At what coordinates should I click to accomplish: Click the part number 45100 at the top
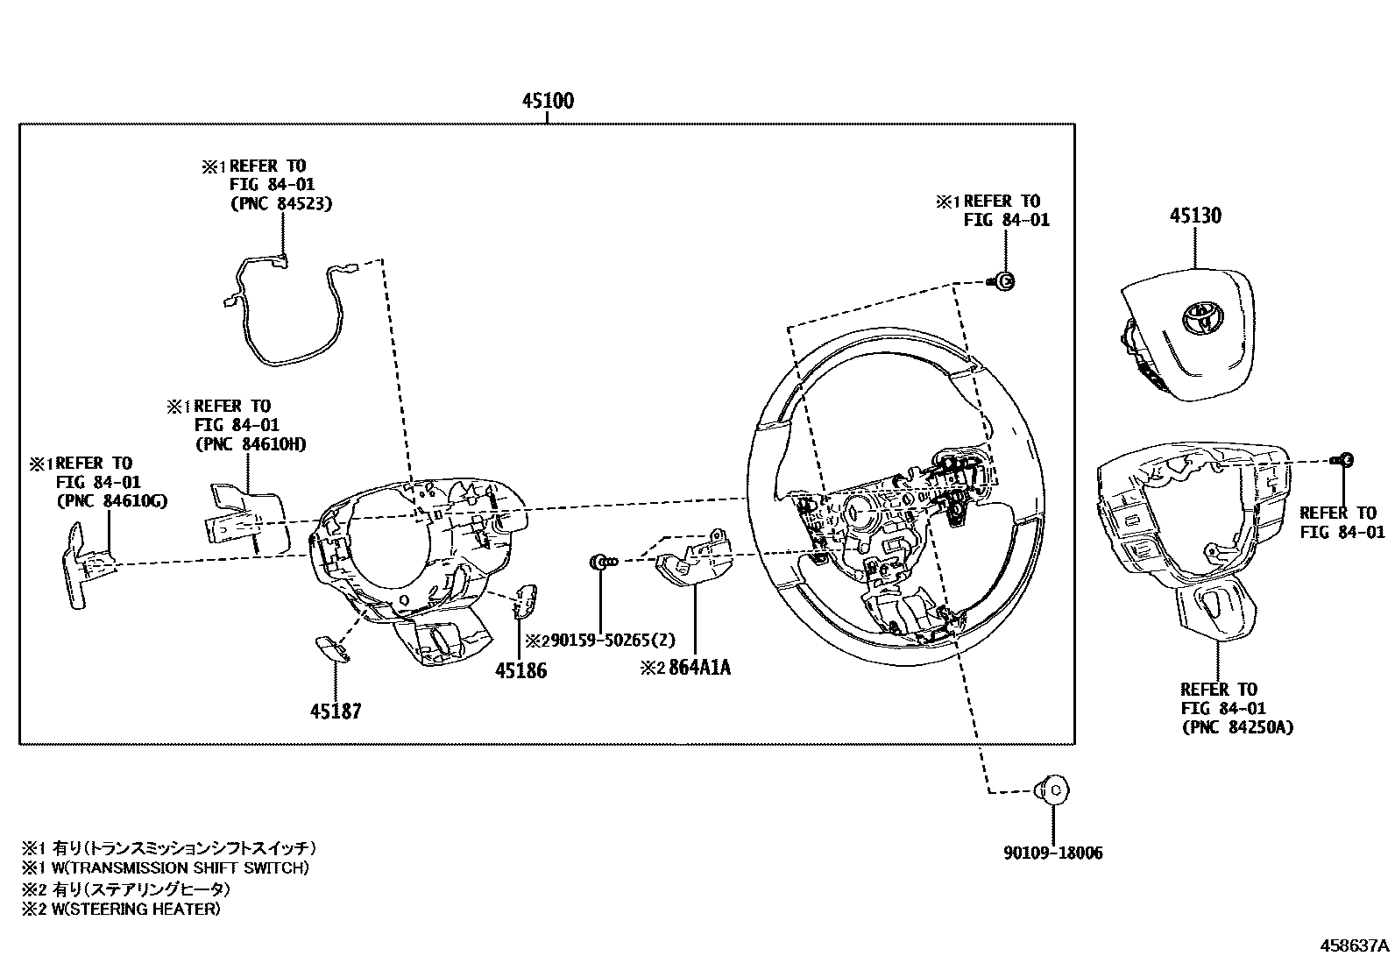click(x=548, y=101)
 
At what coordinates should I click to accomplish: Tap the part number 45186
click(x=520, y=670)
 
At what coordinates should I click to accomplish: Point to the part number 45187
click(x=335, y=712)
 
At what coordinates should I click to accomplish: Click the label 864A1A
click(x=699, y=668)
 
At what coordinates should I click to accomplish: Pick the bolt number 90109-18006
click(x=1052, y=852)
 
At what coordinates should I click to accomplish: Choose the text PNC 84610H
click(x=251, y=443)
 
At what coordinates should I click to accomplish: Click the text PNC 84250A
click(x=1236, y=726)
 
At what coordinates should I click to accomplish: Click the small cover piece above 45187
click(x=330, y=646)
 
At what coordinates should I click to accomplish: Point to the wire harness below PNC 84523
click(x=285, y=315)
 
